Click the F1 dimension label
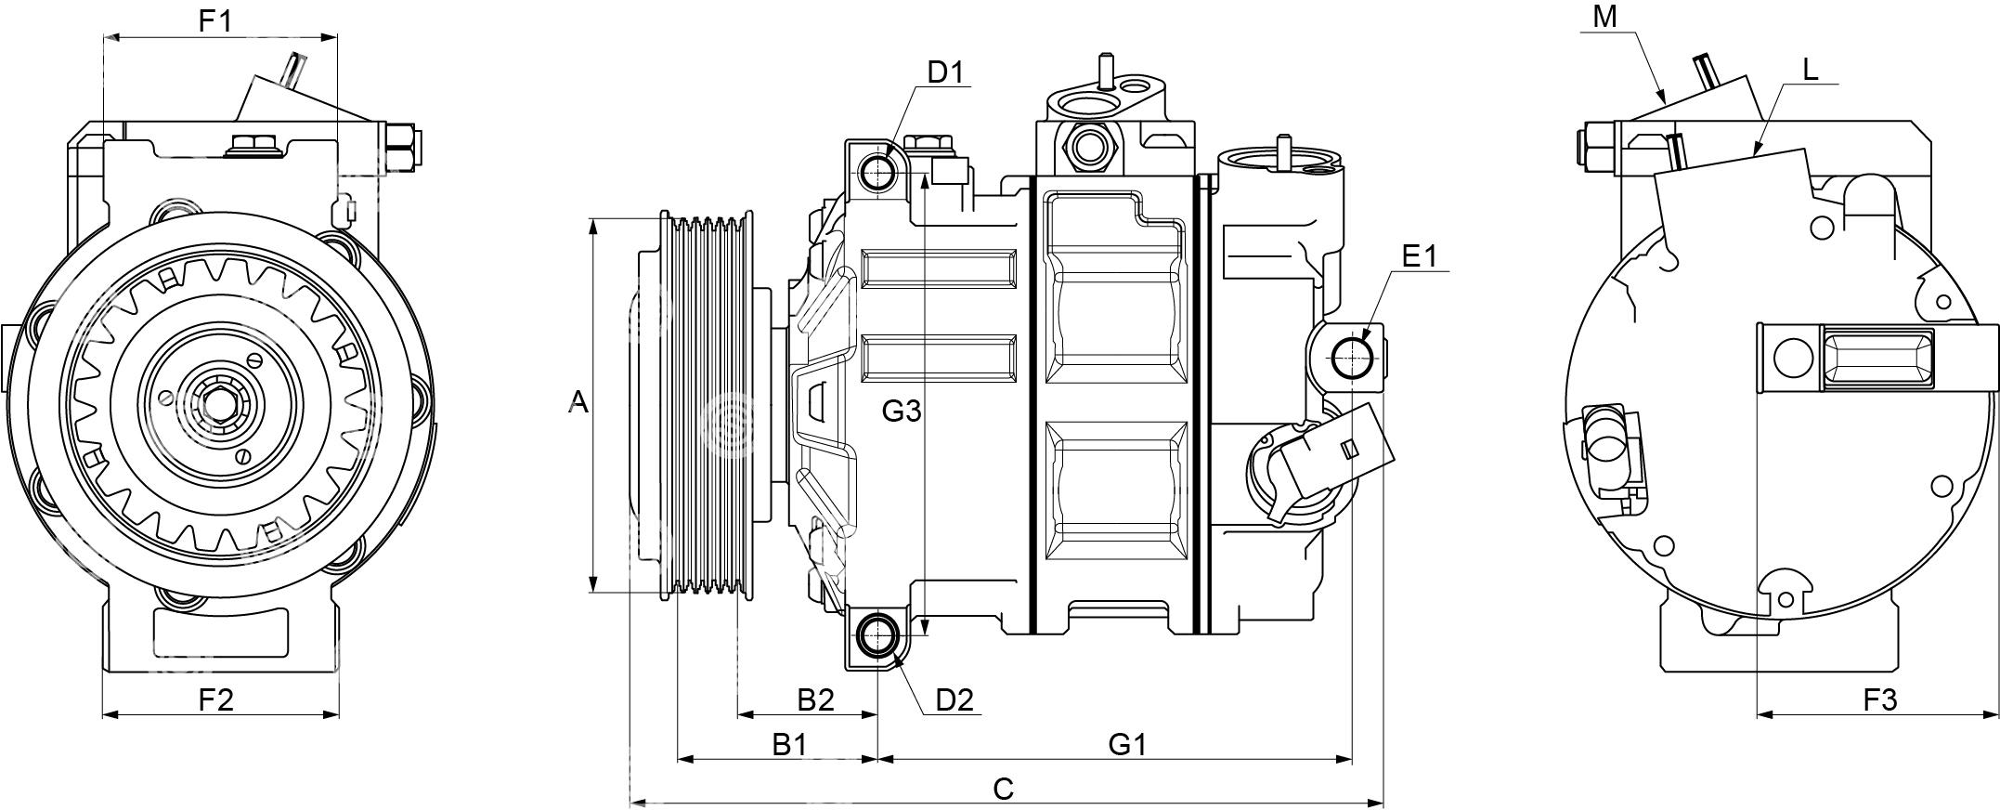(x=216, y=20)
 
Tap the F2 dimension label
(x=216, y=699)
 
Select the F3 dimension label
(x=1880, y=699)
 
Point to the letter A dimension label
(x=578, y=402)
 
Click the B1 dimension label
(x=789, y=744)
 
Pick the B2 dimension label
(x=816, y=699)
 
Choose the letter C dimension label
(x=1004, y=789)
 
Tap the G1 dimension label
(x=1128, y=744)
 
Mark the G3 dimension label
(x=901, y=411)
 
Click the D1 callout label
(x=946, y=72)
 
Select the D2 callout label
(x=954, y=699)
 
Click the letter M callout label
(x=1604, y=17)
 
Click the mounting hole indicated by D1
(x=877, y=172)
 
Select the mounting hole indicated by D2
(x=877, y=635)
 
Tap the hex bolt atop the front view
(x=247, y=144)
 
